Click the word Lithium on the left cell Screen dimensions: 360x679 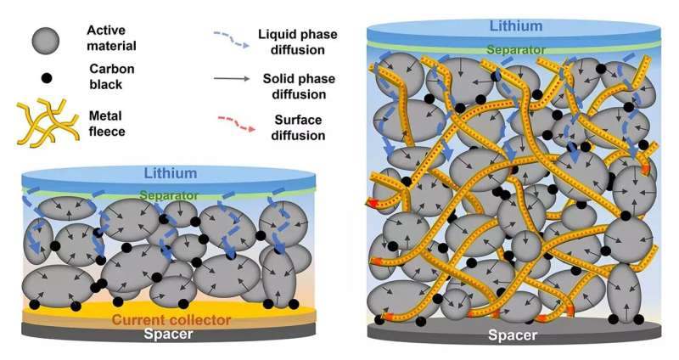(x=170, y=173)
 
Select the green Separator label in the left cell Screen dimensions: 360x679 (x=168, y=195)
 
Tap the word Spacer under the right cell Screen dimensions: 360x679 (x=513, y=335)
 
